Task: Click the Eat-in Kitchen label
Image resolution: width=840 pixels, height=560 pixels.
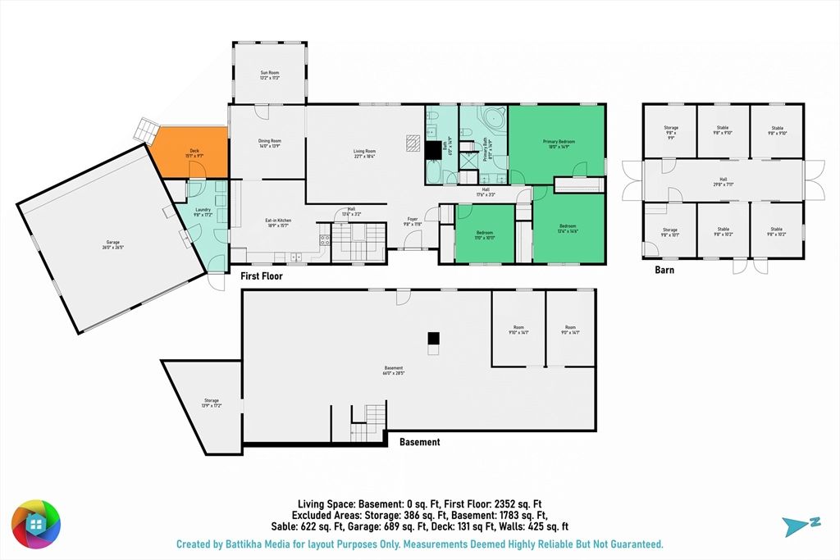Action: (x=278, y=221)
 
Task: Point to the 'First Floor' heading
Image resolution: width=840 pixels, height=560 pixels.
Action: (x=262, y=276)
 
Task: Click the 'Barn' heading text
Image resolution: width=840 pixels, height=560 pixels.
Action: (x=664, y=270)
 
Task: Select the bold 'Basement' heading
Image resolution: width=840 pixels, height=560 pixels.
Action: (x=419, y=442)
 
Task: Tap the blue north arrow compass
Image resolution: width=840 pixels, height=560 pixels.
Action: (x=795, y=525)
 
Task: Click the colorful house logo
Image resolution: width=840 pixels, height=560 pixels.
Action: (x=35, y=524)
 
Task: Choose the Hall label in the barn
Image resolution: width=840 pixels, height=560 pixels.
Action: (x=723, y=182)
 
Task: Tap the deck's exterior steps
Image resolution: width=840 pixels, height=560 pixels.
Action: (x=147, y=130)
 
